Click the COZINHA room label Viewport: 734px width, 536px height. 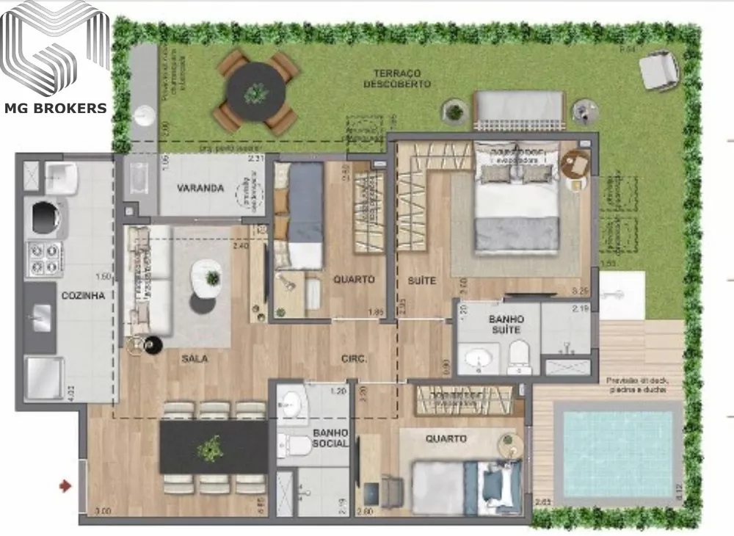[x=84, y=295]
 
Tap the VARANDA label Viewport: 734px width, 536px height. [x=200, y=188]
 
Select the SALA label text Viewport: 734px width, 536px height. [x=195, y=359]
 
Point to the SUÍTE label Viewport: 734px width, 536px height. [x=422, y=280]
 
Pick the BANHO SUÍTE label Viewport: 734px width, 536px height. [x=506, y=325]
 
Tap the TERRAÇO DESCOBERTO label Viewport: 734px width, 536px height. [x=397, y=79]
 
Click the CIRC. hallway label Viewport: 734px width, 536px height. [x=354, y=359]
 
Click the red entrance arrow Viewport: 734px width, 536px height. [x=65, y=485]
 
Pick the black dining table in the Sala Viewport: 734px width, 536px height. [x=213, y=446]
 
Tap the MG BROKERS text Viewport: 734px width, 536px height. [x=56, y=109]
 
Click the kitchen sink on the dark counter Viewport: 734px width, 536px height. [x=41, y=318]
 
